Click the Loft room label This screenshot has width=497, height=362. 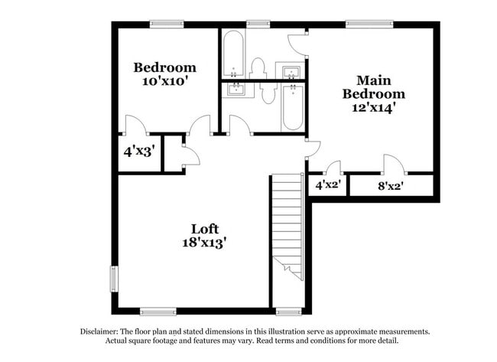pyautogui.click(x=204, y=229)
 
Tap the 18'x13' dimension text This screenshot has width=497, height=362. pyautogui.click(x=203, y=243)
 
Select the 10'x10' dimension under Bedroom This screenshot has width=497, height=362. pyautogui.click(x=165, y=80)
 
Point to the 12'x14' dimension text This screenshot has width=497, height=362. pyautogui.click(x=373, y=108)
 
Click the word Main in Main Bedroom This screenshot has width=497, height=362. pyautogui.click(x=374, y=80)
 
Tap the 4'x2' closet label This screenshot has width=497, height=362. pyautogui.click(x=328, y=184)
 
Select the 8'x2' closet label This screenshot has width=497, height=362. pyautogui.click(x=391, y=184)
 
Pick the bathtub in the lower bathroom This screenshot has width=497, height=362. pyautogui.click(x=292, y=108)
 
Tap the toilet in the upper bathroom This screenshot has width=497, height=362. pyautogui.click(x=258, y=68)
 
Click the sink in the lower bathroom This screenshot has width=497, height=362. pyautogui.click(x=236, y=90)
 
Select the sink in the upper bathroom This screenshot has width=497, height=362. pyautogui.click(x=291, y=72)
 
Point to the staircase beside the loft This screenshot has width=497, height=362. pyautogui.click(x=288, y=222)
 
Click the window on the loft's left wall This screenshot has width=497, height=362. pyautogui.click(x=114, y=279)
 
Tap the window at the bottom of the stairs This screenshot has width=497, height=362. pyautogui.click(x=288, y=311)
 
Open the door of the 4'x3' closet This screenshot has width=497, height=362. pyautogui.click(x=134, y=125)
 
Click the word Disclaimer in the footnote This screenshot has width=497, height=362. pyautogui.click(x=100, y=331)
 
